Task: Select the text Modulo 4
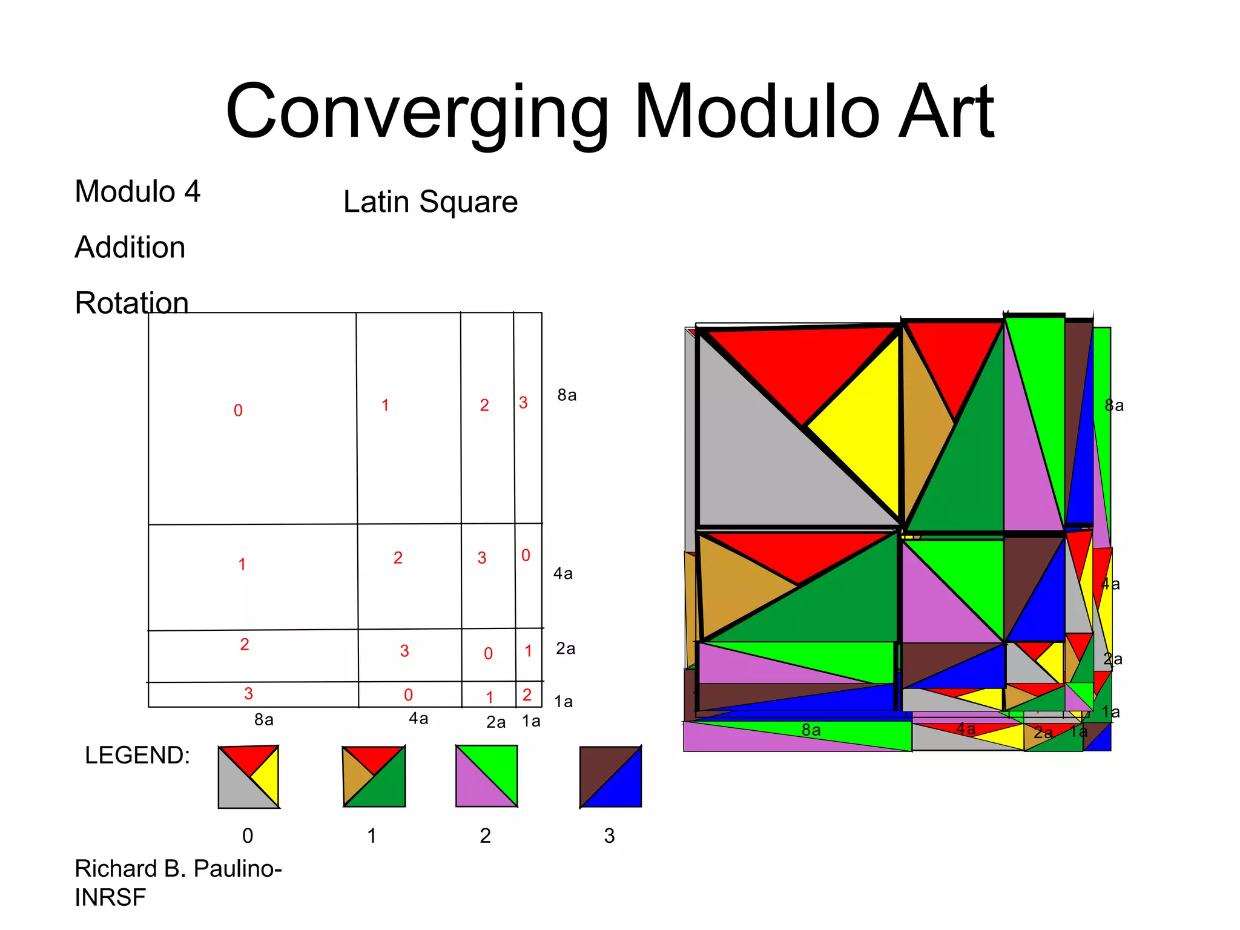(x=137, y=191)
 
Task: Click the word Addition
(x=130, y=247)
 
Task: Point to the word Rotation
(x=131, y=302)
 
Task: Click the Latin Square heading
(x=430, y=202)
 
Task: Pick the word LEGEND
(x=137, y=755)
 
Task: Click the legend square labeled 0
(x=248, y=777)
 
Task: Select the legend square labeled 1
(x=374, y=777)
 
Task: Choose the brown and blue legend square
(x=610, y=777)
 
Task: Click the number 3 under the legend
(x=609, y=836)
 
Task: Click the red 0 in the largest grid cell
(x=238, y=411)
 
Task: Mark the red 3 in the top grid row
(x=523, y=403)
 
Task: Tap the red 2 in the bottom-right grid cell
(x=527, y=694)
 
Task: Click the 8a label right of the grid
(x=567, y=395)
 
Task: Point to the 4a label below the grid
(x=418, y=719)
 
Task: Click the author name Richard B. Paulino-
(x=178, y=868)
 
